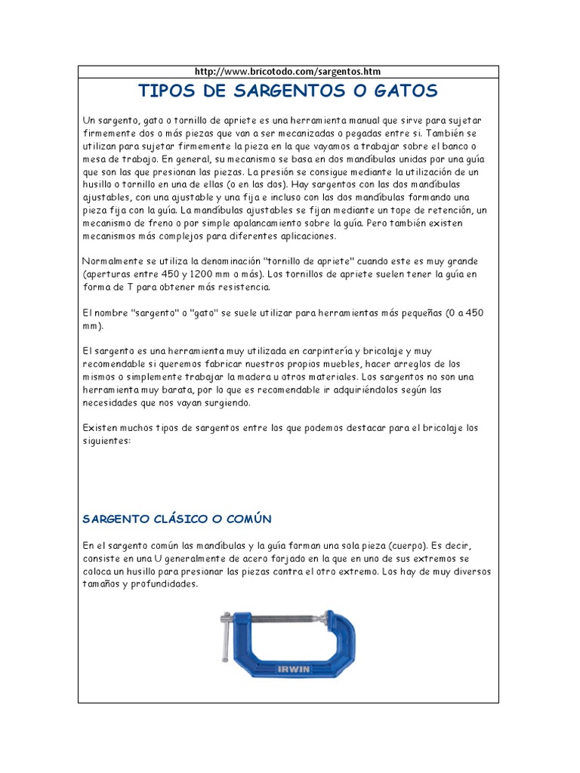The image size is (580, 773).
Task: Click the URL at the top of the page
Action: tap(288, 72)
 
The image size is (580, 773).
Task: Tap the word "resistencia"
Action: tap(235, 288)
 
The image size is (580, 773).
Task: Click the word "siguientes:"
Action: tap(106, 442)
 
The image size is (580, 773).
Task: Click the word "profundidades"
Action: tap(163, 584)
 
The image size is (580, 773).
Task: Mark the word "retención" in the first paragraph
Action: tap(445, 210)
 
